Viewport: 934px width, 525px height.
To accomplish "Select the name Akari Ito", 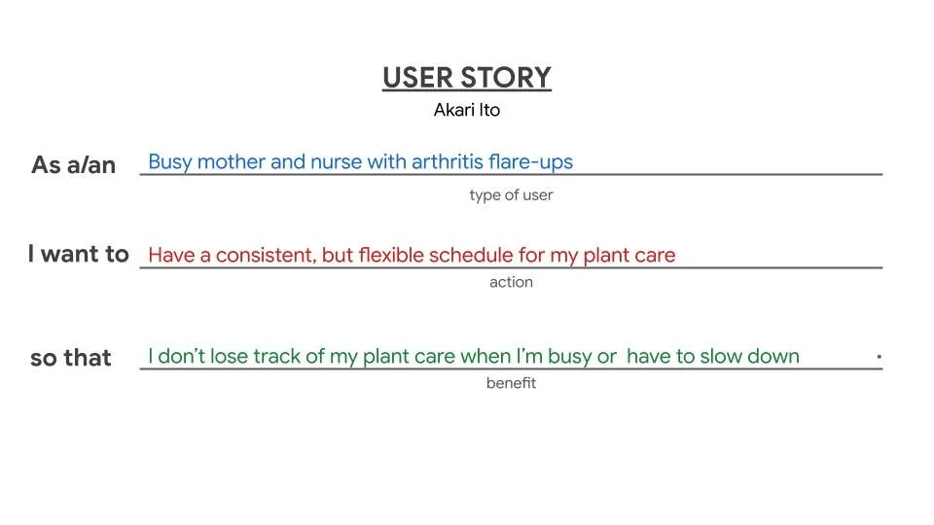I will [467, 110].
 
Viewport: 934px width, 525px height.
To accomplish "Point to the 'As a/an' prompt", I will [74, 165].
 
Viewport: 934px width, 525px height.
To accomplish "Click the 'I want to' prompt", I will [79, 255].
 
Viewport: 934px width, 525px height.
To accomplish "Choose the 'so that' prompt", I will [71, 358].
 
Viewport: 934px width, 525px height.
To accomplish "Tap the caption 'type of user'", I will [511, 195].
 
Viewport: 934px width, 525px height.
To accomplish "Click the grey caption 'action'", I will [511, 283].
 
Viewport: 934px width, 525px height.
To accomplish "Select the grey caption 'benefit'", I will [511, 383].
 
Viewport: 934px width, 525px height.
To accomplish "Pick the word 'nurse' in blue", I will [337, 161].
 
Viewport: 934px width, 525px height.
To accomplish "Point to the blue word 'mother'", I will [233, 161].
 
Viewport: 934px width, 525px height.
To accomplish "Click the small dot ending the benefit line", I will [879, 357].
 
